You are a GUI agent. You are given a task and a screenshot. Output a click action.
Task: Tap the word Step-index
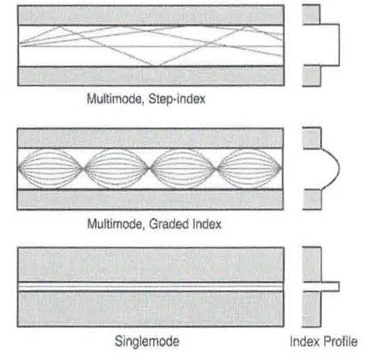177,99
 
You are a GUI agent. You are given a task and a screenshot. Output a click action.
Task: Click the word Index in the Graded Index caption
207,224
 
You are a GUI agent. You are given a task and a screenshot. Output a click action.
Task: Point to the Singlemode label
147,341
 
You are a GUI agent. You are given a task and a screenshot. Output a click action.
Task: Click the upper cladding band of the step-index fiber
151,15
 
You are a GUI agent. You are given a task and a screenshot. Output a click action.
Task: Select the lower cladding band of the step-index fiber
151,76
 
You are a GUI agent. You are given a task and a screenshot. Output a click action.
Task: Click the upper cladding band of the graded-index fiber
150,138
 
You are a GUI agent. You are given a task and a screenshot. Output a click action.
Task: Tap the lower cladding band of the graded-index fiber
150,200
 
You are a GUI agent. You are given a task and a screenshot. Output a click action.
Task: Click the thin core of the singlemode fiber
151,287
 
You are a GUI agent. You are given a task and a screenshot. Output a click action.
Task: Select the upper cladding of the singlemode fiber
151,264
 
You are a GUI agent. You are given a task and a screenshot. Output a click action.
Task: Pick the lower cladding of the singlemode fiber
151,309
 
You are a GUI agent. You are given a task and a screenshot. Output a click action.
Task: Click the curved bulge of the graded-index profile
339,168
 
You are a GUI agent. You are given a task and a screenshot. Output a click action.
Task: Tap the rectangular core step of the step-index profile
339,45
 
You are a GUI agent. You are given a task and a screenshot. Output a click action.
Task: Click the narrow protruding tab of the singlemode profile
330,287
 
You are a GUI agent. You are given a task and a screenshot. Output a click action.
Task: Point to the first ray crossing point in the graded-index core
85,168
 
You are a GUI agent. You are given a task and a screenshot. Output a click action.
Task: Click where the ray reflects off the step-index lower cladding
154,66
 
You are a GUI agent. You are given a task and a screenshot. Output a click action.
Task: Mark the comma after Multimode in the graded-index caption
144,228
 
